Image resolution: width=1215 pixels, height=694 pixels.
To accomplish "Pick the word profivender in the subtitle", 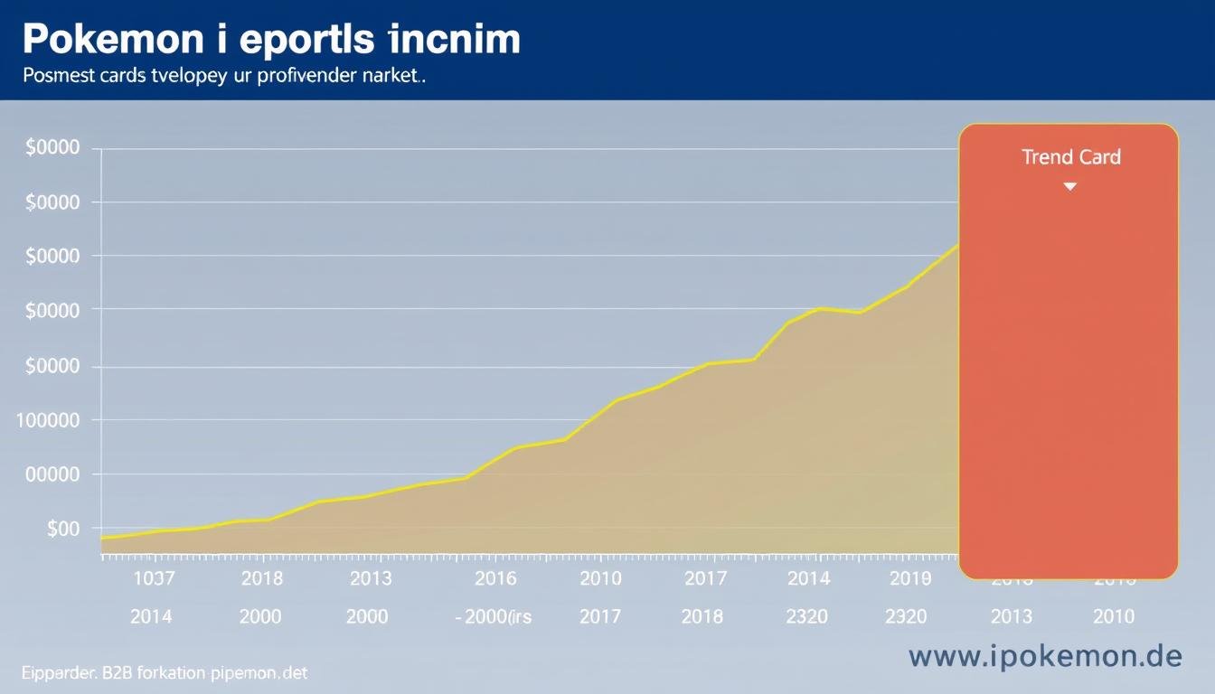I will pos(305,77).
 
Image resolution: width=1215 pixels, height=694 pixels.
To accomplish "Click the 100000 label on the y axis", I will pos(48,420).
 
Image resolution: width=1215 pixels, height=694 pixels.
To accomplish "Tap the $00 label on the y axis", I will pos(62,529).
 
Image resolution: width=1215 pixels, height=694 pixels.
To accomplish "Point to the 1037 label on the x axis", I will pos(153,578).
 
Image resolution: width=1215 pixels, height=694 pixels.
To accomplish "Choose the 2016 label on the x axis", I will pos(494,578).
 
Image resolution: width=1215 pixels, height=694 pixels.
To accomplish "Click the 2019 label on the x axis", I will pos(909,578).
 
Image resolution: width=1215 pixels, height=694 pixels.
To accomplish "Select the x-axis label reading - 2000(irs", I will pos(493,617).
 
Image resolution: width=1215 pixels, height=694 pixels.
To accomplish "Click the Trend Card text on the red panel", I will pos(1071,157).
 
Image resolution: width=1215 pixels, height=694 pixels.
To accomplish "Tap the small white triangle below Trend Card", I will pos(1070,186).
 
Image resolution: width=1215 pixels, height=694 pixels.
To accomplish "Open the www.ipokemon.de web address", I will pos(1045,657).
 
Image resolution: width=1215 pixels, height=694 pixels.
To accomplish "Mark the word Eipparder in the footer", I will pos(54,673).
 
